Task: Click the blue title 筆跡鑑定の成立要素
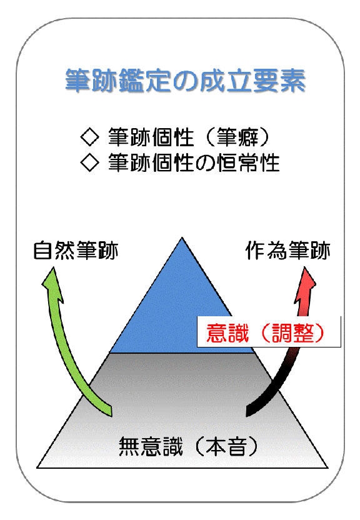point(185,81)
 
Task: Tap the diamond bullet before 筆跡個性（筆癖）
point(90,137)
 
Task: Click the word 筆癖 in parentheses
point(237,137)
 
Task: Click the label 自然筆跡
point(76,251)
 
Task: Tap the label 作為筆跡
point(287,251)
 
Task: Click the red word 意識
point(227,332)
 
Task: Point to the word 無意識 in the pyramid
point(151,446)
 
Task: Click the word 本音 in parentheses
point(226,446)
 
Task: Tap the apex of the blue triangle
point(182,237)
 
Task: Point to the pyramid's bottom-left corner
point(37,468)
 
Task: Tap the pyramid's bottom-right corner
point(328,468)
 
